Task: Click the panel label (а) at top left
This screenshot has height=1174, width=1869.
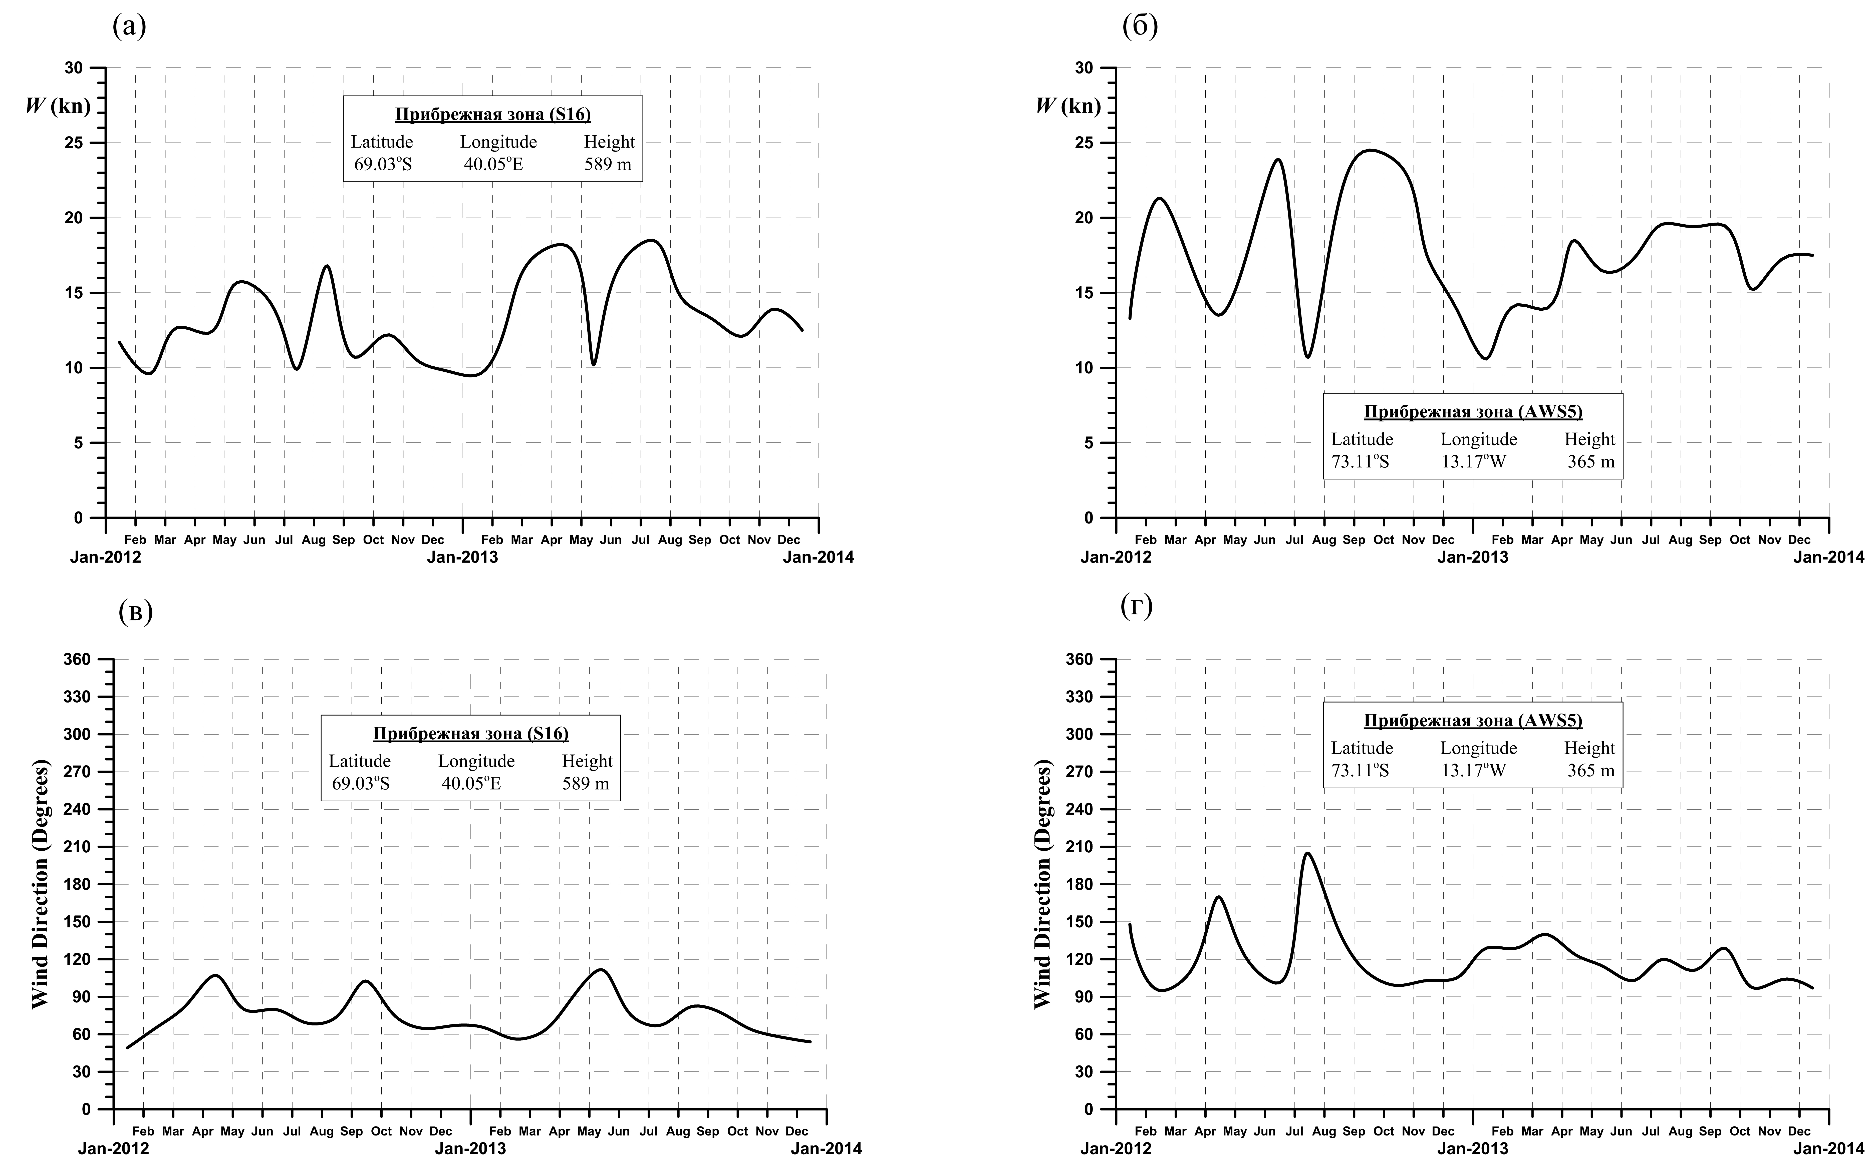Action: (x=129, y=26)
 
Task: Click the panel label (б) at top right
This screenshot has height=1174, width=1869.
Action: (x=1139, y=26)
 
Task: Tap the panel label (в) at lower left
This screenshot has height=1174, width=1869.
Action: (x=136, y=612)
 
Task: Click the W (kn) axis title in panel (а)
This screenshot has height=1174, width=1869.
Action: (x=58, y=106)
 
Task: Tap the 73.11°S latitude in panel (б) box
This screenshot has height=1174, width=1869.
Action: (x=1360, y=462)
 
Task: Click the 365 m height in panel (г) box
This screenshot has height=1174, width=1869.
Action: (x=1590, y=771)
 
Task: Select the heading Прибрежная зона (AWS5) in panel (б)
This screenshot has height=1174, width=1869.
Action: (x=1472, y=412)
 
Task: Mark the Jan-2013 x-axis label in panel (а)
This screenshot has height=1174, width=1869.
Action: (x=463, y=557)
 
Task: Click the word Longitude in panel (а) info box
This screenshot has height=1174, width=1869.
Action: (x=498, y=142)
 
